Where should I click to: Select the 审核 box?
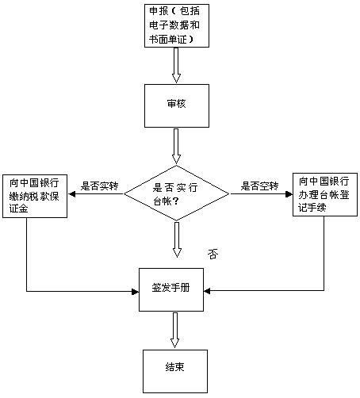(176, 104)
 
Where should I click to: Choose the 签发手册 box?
(175, 290)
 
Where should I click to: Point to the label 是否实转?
(100, 186)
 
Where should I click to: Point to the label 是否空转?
(260, 186)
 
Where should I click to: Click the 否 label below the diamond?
(213, 254)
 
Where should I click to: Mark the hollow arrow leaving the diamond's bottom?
(176, 240)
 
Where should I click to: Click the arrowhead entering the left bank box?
(74, 193)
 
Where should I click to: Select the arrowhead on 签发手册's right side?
(213, 291)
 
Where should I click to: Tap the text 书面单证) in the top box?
(169, 39)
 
